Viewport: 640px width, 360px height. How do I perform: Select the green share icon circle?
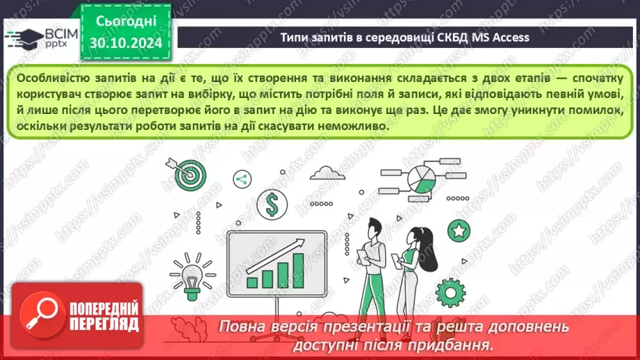241,179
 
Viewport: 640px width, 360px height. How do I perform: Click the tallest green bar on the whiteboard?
298,270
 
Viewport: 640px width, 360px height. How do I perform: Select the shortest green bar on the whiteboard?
251,281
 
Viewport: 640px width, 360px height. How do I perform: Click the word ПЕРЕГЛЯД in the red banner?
103,324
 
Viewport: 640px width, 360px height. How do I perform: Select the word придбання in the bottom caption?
459,344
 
